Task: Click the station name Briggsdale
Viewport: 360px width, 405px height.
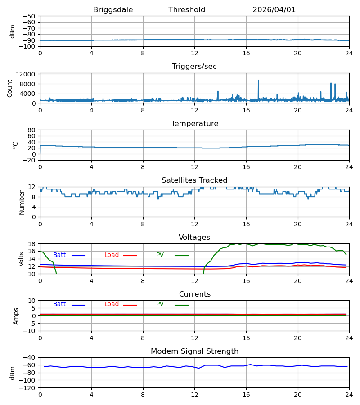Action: [113, 10]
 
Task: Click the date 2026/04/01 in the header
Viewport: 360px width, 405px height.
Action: [274, 10]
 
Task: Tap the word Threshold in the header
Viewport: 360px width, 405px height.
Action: [187, 9]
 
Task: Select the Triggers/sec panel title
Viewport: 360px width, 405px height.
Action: [194, 67]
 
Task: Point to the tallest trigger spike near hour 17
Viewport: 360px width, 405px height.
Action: [258, 81]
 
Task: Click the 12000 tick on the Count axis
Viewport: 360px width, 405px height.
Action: [26, 74]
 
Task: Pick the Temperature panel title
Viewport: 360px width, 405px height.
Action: [194, 123]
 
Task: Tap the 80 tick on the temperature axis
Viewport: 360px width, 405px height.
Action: [31, 130]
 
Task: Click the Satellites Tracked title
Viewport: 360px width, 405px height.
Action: [194, 180]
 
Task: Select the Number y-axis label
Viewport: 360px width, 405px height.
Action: [22, 202]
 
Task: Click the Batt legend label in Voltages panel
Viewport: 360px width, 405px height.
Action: [59, 255]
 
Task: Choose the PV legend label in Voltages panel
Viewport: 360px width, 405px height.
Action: [160, 255]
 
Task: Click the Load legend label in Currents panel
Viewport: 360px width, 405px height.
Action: [112, 304]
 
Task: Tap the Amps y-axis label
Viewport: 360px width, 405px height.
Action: [16, 316]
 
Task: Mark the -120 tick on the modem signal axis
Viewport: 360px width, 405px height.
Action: [27, 388]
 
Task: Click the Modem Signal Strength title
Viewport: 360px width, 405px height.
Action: [194, 351]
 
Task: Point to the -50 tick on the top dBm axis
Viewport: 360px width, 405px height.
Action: [29, 16]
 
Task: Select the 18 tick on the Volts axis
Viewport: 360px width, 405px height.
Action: [31, 244]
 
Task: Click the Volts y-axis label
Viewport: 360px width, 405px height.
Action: [22, 259]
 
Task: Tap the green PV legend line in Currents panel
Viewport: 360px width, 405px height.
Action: [181, 305]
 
